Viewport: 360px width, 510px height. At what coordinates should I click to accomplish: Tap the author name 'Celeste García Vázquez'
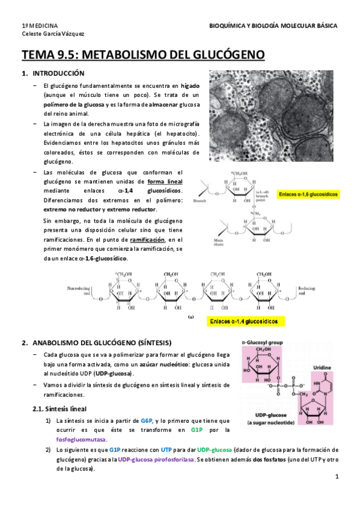53,35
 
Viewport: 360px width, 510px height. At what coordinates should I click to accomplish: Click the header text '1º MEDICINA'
40,26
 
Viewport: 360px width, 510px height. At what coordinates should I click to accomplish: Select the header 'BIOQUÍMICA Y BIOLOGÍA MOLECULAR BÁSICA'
273,26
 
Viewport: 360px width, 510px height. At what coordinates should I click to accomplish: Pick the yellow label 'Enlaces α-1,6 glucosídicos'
308,195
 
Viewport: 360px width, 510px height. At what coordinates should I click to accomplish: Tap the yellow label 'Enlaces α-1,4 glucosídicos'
243,322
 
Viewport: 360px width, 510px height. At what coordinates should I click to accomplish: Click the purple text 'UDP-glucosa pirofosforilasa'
156,459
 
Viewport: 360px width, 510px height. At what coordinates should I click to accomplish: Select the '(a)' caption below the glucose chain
191,315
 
